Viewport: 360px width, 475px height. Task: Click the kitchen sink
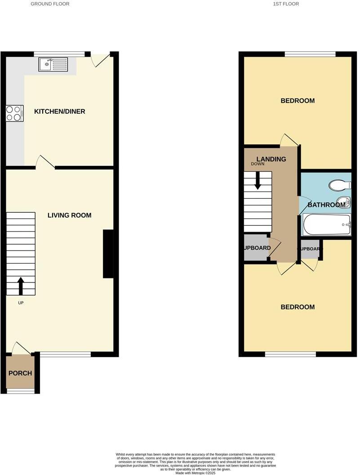pyautogui.click(x=53, y=65)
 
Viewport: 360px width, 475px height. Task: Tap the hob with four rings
pyautogui.click(x=14, y=113)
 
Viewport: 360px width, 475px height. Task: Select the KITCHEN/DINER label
pyautogui.click(x=60, y=112)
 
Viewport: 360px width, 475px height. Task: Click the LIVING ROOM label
pyautogui.click(x=69, y=215)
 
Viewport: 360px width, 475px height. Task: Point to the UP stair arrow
pyautogui.click(x=21, y=285)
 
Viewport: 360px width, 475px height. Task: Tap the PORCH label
pyautogui.click(x=20, y=373)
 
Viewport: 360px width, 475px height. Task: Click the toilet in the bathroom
pyautogui.click(x=340, y=185)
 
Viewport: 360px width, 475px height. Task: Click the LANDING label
pyautogui.click(x=271, y=159)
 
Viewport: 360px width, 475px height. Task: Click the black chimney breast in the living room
pyautogui.click(x=108, y=254)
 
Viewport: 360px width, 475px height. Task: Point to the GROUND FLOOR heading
pyautogui.click(x=50, y=4)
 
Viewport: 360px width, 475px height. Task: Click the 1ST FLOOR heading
pyautogui.click(x=286, y=4)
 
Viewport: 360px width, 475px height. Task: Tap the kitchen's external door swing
pyautogui.click(x=100, y=60)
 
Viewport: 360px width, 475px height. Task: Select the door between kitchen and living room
pyautogui.click(x=45, y=162)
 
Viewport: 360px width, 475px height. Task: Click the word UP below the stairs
pyautogui.click(x=21, y=303)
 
